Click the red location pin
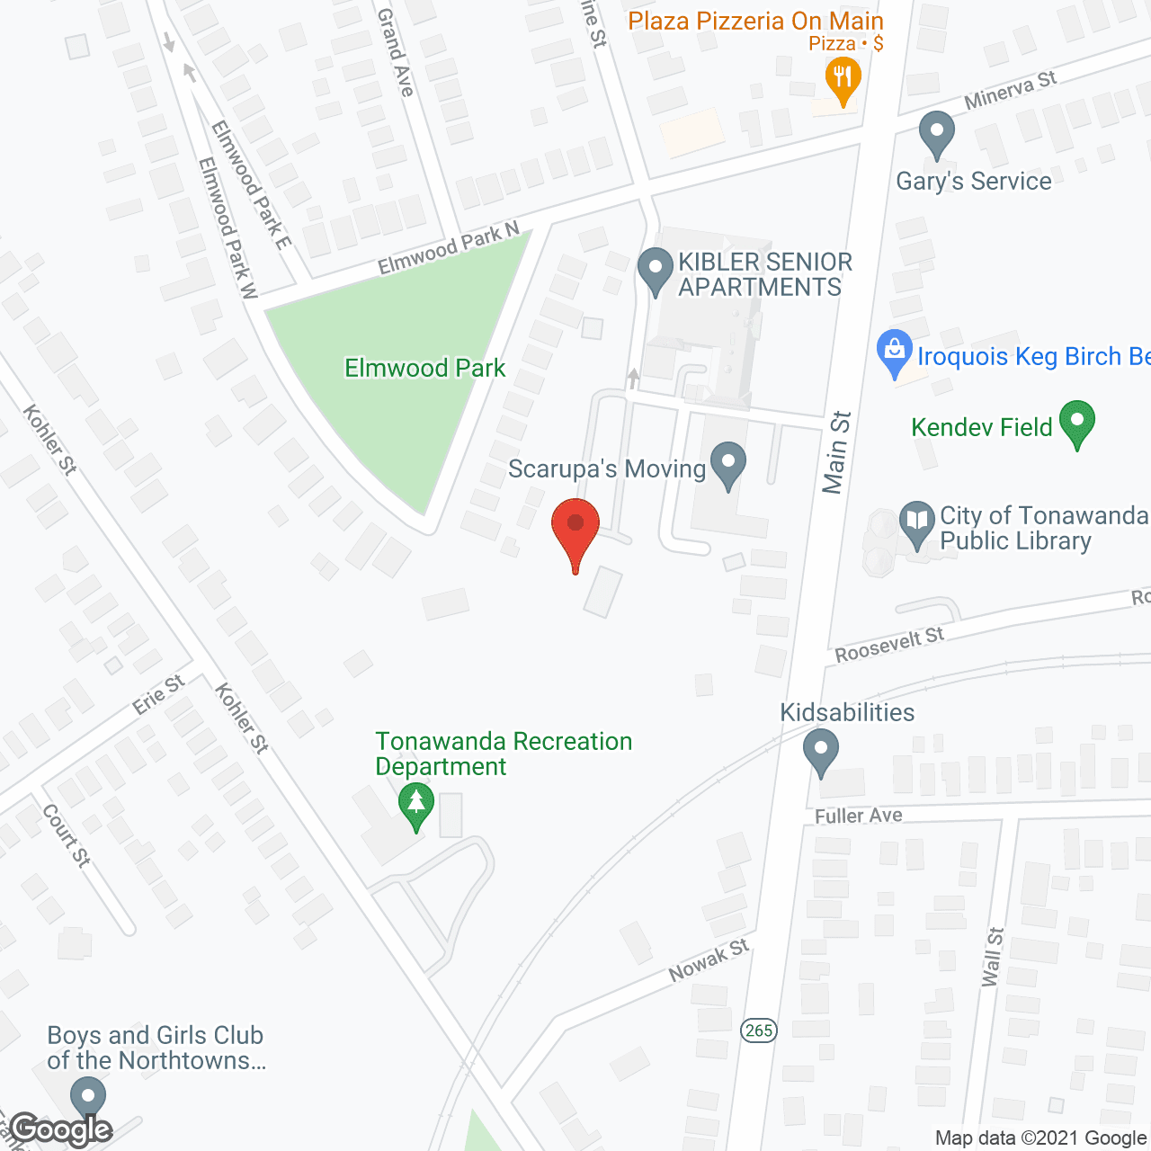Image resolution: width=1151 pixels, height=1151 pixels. [575, 526]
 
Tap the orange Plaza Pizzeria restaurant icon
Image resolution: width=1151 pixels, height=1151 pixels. [843, 78]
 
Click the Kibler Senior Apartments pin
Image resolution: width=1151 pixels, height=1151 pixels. [655, 269]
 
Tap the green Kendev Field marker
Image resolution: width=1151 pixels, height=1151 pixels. [1076, 423]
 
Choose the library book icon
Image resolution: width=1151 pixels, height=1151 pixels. [916, 522]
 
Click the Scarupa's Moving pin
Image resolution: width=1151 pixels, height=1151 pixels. [728, 464]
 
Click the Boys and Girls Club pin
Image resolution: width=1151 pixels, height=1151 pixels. [88, 1100]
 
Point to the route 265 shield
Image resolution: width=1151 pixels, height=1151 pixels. [759, 1030]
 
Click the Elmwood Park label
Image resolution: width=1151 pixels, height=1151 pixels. [424, 368]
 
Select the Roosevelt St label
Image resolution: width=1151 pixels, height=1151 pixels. [889, 645]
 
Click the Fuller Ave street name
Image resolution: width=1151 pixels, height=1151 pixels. [858, 816]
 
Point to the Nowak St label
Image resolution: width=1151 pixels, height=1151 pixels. [709, 960]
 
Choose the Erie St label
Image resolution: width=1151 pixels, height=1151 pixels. [158, 694]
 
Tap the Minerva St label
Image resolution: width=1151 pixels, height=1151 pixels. [1010, 90]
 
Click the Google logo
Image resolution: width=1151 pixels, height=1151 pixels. [61, 1129]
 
